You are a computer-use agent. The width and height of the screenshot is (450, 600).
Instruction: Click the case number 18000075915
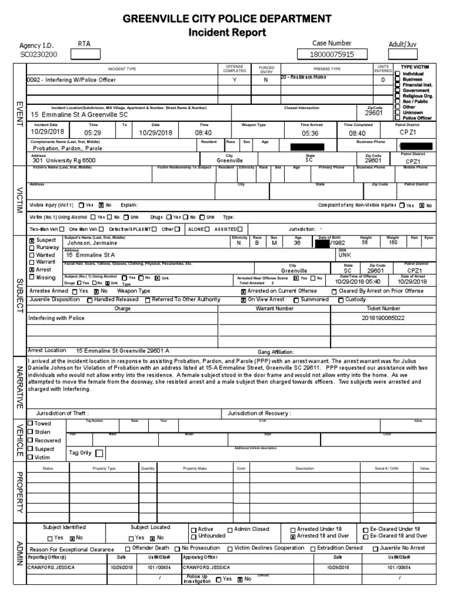pyautogui.click(x=332, y=54)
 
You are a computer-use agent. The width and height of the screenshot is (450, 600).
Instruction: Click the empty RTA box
pyautogui.click(x=85, y=54)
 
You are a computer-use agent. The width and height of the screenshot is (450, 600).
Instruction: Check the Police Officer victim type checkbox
pyautogui.click(x=398, y=118)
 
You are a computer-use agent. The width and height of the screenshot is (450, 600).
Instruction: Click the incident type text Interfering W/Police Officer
pyautogui.click(x=71, y=79)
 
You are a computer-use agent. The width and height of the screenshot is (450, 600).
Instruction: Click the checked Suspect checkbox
pyautogui.click(x=32, y=240)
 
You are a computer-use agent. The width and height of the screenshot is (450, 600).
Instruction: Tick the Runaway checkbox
pyautogui.click(x=32, y=248)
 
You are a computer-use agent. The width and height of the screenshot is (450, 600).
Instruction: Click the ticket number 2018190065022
pyautogui.click(x=383, y=318)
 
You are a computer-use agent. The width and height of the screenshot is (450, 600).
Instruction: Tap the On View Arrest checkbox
pyautogui.click(x=244, y=300)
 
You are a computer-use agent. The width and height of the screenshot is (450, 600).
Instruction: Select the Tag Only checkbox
pyautogui.click(x=99, y=453)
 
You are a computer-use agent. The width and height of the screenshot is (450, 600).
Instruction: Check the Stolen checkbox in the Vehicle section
pyautogui.click(x=32, y=432)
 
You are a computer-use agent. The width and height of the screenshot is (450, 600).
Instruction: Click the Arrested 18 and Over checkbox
pyautogui.click(x=293, y=536)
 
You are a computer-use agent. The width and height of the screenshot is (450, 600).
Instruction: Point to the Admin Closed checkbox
pyautogui.click(x=230, y=529)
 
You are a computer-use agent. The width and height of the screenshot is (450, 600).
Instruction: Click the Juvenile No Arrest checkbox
pyautogui.click(x=375, y=549)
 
